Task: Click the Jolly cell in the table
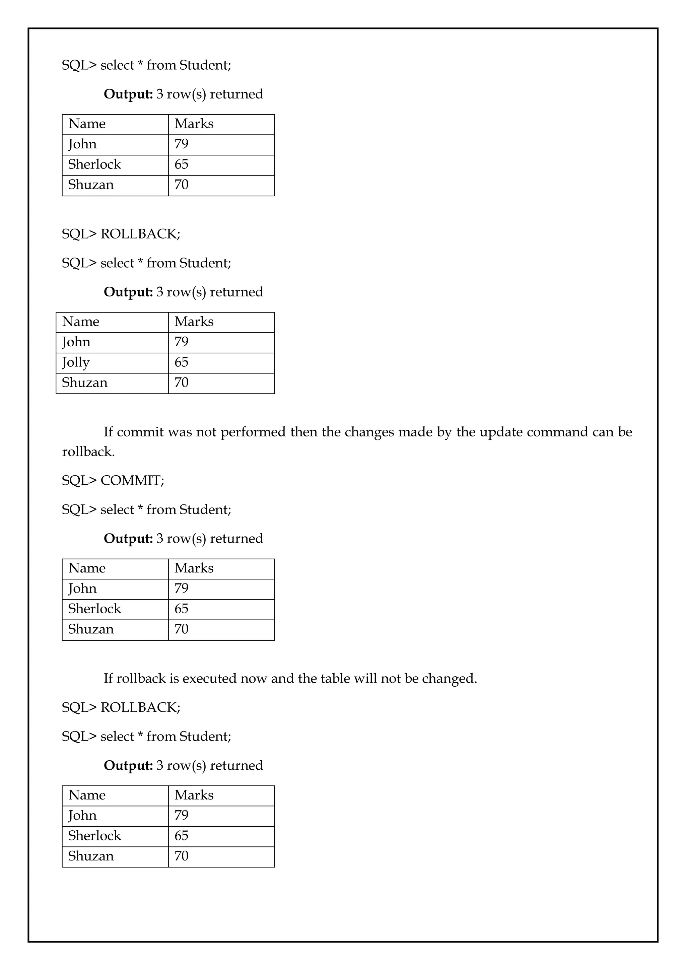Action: (x=76, y=362)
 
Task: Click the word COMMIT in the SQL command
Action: (x=132, y=480)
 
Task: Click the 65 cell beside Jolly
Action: (x=182, y=362)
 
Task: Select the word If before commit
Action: (x=108, y=432)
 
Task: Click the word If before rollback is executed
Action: (x=108, y=679)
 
